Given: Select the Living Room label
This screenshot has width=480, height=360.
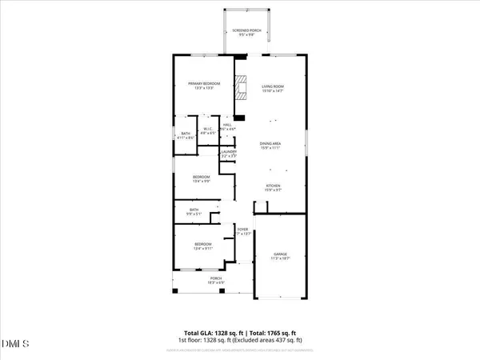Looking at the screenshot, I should pyautogui.click(x=274, y=87).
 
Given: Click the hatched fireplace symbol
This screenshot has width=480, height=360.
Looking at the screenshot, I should pyautogui.click(x=242, y=88).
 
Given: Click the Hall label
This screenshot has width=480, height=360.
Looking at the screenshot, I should pyautogui.click(x=227, y=126).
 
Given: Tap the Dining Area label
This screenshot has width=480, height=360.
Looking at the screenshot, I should pyautogui.click(x=270, y=145).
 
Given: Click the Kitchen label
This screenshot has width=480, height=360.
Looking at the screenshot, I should pyautogui.click(x=274, y=187).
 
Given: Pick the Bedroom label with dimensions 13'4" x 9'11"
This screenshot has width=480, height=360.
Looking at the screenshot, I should pyautogui.click(x=202, y=245).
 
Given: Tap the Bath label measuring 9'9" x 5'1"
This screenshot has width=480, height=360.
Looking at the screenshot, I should pyautogui.click(x=194, y=211).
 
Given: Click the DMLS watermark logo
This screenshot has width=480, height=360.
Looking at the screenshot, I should pyautogui.click(x=17, y=344).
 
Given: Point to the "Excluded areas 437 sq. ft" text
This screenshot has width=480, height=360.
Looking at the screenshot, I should pyautogui.click(x=274, y=340).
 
